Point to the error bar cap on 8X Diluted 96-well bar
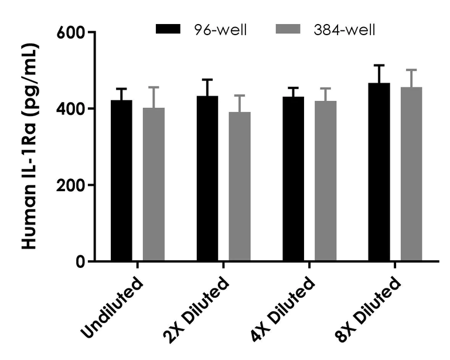click(379, 65)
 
